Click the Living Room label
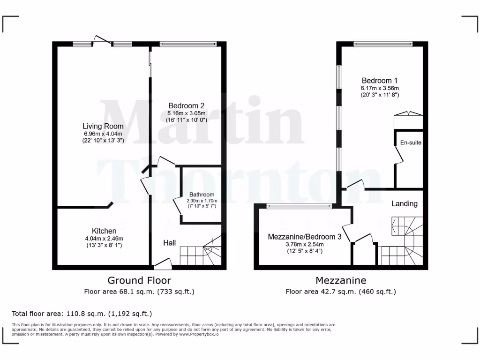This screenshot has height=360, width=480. [103, 126]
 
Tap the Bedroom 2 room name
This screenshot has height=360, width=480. [186, 105]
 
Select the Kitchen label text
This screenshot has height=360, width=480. [104, 231]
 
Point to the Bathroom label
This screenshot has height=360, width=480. [202, 195]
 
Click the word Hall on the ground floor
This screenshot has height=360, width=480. [169, 243]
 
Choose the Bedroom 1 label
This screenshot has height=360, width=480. [379, 80]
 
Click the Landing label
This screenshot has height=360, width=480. [404, 203]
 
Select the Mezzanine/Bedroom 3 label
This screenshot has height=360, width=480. [304, 237]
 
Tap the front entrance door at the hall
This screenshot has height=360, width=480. [162, 265]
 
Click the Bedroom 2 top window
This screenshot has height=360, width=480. [187, 45]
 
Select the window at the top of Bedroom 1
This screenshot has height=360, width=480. [383, 45]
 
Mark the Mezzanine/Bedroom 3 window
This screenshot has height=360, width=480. [299, 206]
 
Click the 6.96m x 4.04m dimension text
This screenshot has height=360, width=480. [103, 133]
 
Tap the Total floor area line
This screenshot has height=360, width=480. [82, 314]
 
